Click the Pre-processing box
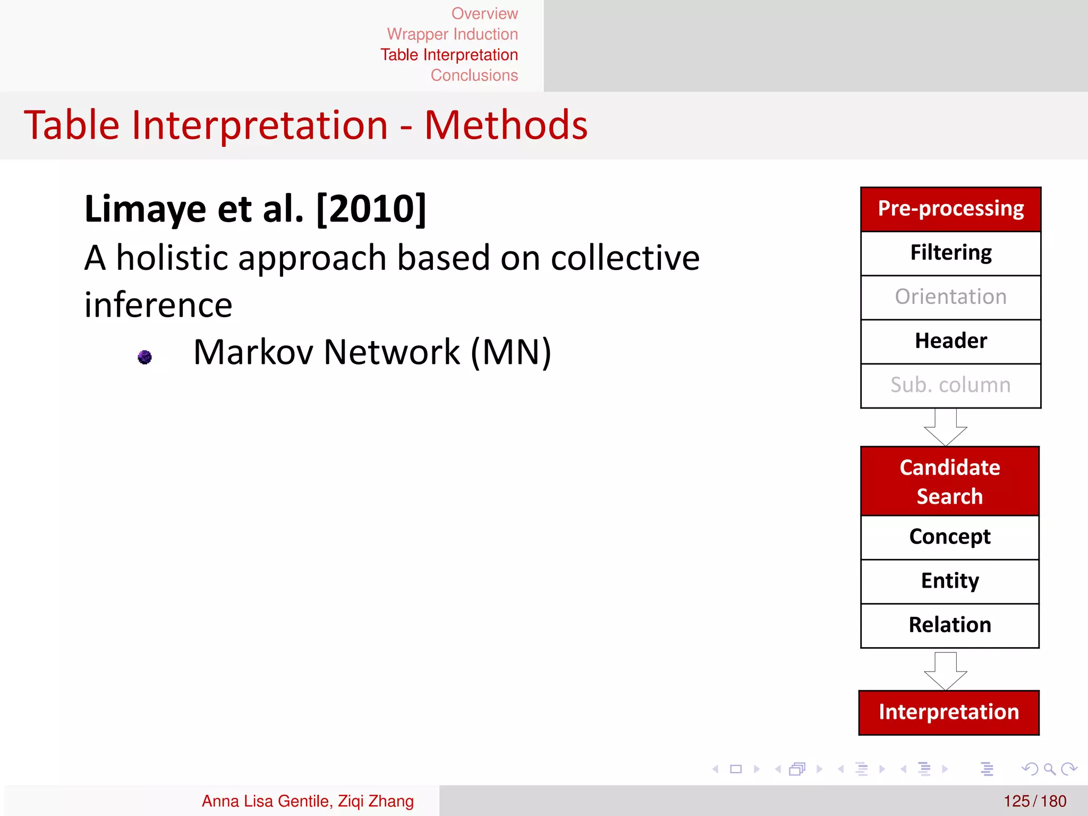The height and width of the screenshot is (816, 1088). coord(950,209)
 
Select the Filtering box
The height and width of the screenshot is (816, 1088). coord(950,253)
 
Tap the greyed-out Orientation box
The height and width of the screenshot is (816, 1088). coord(950,297)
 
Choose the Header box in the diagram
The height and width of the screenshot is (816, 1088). coord(950,341)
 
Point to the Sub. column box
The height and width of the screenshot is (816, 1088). coord(950,385)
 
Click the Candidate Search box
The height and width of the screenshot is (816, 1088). coord(949,481)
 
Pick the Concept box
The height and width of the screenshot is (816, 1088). coord(949,537)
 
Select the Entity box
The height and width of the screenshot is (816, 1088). coord(949,581)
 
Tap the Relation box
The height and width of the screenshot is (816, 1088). coord(949,625)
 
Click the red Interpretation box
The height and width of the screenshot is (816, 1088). coord(949,712)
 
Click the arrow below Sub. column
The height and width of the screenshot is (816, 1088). coord(946,427)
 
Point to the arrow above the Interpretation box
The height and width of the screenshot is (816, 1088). coord(946,670)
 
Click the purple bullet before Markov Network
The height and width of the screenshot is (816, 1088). coord(144,357)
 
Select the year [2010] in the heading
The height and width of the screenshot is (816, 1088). coord(371,209)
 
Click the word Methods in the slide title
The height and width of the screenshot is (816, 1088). coord(506,125)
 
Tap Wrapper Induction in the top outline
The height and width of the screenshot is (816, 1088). coord(452,34)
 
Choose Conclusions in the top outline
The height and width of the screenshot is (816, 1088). coord(474,75)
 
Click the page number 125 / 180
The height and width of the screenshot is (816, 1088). coord(1034,801)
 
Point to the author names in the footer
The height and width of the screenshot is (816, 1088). coord(308,801)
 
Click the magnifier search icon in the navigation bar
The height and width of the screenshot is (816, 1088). coord(1049,769)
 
